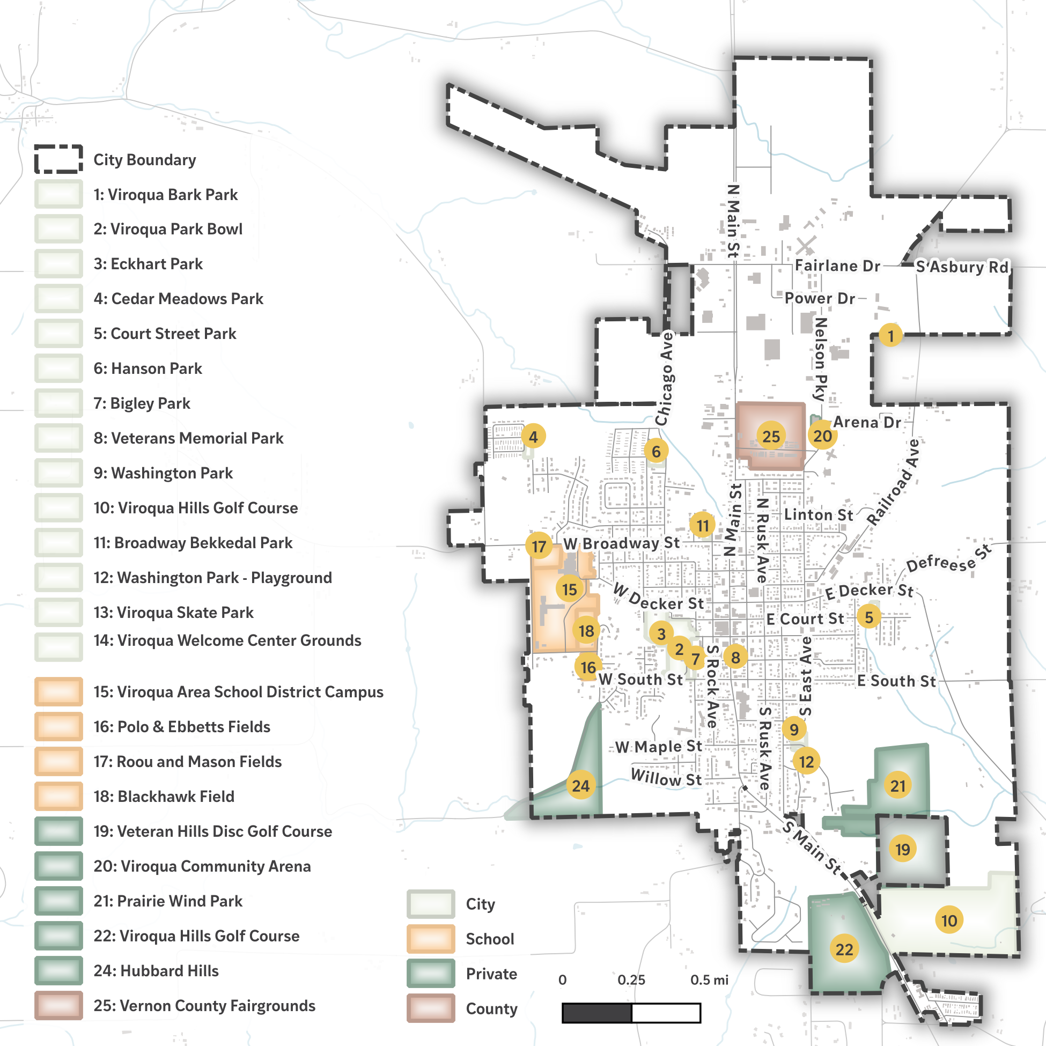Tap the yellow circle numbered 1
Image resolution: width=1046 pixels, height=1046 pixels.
click(x=890, y=335)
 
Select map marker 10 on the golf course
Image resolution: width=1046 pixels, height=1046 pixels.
click(x=949, y=920)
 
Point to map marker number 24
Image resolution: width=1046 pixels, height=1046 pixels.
click(x=580, y=785)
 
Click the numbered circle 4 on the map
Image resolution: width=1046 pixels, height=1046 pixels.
click(x=533, y=437)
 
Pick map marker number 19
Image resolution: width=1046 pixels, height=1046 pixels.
click(x=902, y=849)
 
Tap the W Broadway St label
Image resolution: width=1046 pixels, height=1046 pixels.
click(x=621, y=543)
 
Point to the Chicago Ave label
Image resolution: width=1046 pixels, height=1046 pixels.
click(x=665, y=379)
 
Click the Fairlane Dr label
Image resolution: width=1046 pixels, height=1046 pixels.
click(x=837, y=266)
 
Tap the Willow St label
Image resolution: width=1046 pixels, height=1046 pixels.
click(x=666, y=778)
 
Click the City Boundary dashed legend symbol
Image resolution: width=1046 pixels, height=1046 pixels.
click(x=58, y=159)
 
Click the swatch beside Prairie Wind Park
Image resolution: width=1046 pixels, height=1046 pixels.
click(x=58, y=901)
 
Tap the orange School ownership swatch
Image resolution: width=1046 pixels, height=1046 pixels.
click(x=430, y=939)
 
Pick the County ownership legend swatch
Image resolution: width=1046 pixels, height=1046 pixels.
click(x=430, y=1008)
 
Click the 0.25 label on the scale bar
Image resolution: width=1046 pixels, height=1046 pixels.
click(x=631, y=980)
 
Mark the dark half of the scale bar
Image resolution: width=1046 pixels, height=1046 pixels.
click(x=596, y=1012)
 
